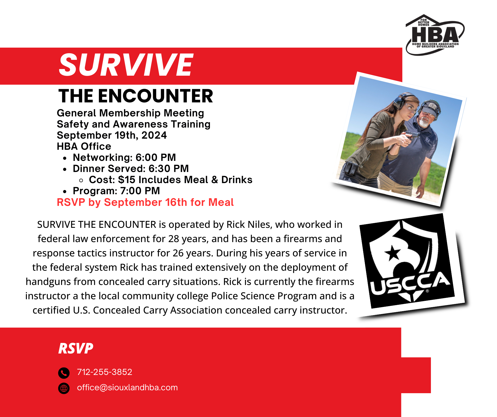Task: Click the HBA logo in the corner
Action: tap(435, 35)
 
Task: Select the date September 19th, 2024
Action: tap(112, 135)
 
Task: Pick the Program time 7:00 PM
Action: tap(140, 191)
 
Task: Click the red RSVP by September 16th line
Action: tap(145, 202)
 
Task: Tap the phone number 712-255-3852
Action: tap(104, 372)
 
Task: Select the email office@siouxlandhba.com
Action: tap(127, 388)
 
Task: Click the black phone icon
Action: tap(64, 373)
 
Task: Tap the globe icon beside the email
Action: tap(64, 388)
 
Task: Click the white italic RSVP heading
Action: tap(76, 348)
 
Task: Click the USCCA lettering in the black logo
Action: tap(410, 284)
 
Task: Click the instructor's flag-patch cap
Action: tap(430, 108)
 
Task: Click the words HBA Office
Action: tap(84, 146)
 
